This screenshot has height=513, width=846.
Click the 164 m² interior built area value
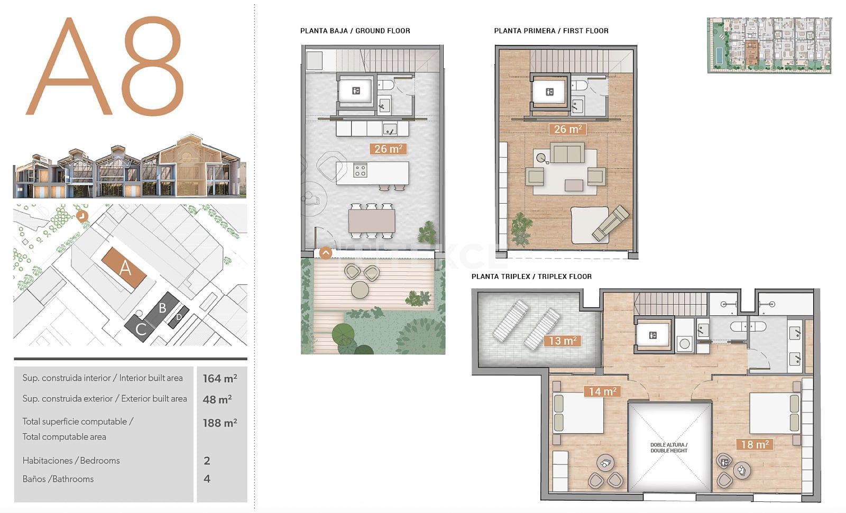tap(220, 378)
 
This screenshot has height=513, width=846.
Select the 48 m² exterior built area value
tap(217, 399)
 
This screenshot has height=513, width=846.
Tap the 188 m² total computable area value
tap(220, 423)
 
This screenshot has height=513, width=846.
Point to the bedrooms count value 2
tap(207, 461)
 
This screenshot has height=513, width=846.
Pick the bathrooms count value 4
tap(207, 479)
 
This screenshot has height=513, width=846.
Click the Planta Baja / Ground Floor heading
tap(355, 31)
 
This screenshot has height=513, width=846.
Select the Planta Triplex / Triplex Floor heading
tap(531, 277)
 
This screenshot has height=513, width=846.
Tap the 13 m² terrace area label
tap(563, 341)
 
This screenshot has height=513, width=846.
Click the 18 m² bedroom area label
tap(755, 444)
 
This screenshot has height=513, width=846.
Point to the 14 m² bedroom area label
tap(602, 391)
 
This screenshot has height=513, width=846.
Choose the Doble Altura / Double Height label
tap(669, 447)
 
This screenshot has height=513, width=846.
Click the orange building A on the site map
tap(124, 268)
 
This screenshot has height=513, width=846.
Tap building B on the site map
tap(162, 309)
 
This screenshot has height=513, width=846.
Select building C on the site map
tap(140, 328)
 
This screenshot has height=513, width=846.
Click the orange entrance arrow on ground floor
tap(326, 253)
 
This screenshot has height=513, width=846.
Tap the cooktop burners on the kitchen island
tap(360, 170)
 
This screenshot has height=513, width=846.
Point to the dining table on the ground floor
tap(372, 221)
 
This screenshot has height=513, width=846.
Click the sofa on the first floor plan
tap(567, 153)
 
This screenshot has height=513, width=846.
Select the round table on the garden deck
tap(360, 290)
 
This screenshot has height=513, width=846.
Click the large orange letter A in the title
tap(69, 66)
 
